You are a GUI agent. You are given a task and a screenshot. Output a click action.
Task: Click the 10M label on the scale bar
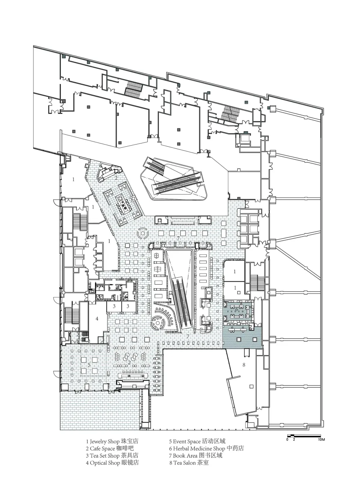321,440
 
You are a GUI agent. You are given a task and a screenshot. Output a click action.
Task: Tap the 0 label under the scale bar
287,440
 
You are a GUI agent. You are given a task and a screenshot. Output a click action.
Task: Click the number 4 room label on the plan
97,319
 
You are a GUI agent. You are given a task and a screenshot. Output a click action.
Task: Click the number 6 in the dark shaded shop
237,309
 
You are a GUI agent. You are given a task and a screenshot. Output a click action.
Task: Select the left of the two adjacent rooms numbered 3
114,306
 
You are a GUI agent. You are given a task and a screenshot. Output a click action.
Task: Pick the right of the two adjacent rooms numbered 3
128,306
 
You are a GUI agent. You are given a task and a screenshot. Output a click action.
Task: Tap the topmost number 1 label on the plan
73,179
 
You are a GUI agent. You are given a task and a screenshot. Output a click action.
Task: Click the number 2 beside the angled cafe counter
116,178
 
